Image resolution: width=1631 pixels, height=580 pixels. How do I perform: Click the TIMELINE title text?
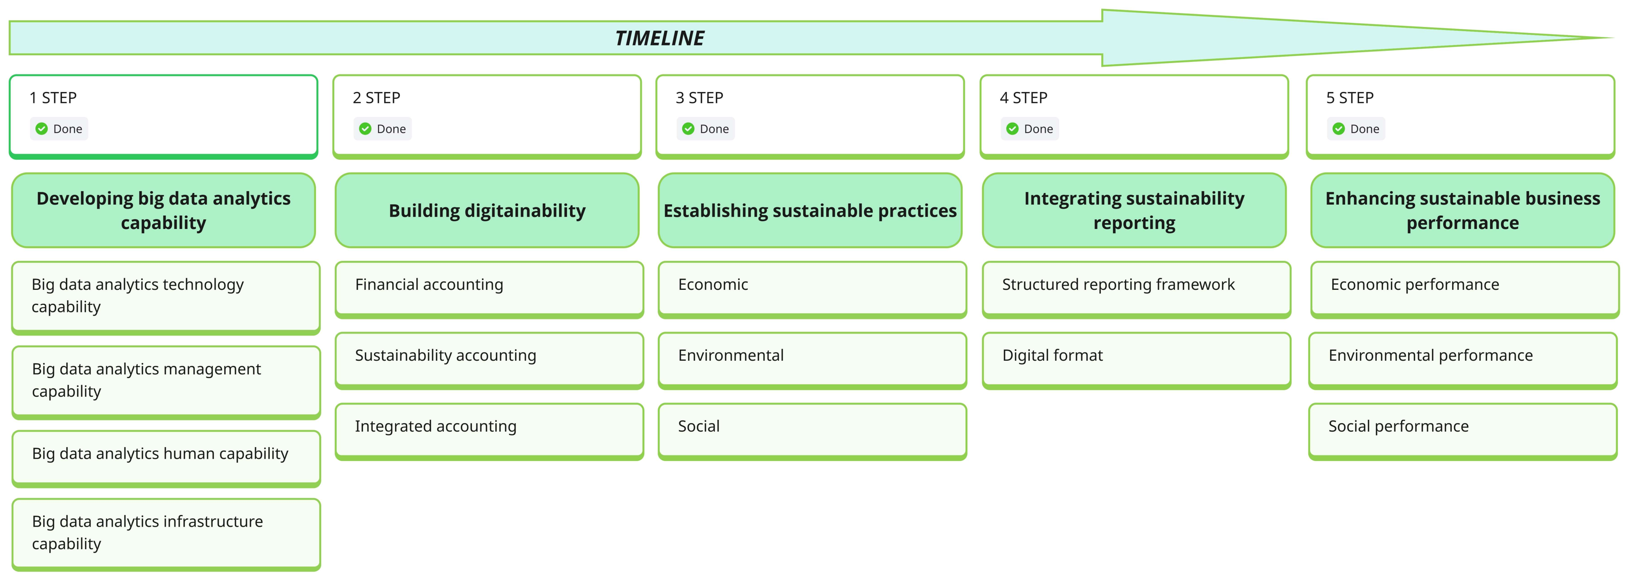(659, 39)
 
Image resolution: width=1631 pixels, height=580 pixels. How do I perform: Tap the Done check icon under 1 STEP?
(42, 129)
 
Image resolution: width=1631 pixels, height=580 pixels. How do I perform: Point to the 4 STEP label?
(1023, 98)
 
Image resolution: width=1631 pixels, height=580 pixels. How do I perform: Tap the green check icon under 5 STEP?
(1338, 129)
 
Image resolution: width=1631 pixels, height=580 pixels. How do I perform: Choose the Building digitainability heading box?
(487, 211)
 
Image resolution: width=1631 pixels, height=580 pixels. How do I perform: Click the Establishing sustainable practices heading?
(810, 211)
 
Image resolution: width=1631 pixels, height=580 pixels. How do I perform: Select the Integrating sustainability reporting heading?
(1134, 211)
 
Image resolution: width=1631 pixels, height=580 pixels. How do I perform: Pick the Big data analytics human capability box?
(166, 456)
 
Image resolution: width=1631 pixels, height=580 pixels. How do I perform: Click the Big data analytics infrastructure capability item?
(166, 533)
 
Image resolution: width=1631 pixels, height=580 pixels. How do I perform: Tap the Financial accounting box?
(489, 288)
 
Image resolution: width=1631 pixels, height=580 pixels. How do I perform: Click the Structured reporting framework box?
(1136, 288)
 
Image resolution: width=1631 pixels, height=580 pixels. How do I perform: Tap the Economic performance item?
(1464, 288)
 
